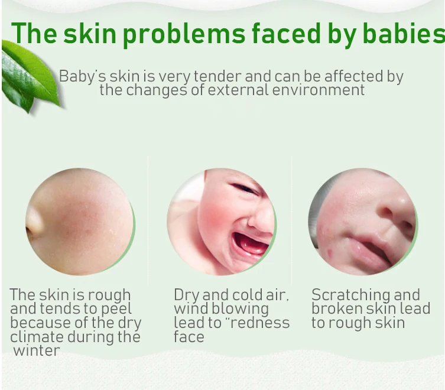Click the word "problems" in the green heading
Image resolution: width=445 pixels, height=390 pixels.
[184, 35]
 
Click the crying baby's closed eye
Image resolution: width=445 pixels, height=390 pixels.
[245, 188]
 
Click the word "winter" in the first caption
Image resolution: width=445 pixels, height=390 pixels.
[36, 350]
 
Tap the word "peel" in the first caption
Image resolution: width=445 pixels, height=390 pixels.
[116, 310]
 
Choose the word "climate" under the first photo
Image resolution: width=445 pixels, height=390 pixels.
[37, 337]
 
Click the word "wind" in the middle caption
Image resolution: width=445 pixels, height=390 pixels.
[190, 308]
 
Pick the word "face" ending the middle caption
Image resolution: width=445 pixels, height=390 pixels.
[189, 337]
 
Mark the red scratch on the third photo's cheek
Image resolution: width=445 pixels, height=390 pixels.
[329, 252]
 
